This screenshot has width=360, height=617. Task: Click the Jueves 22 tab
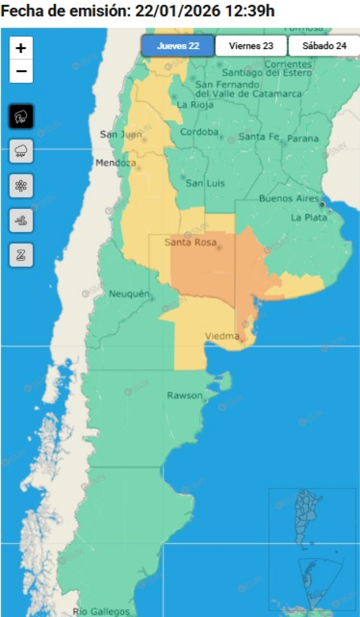click(178, 46)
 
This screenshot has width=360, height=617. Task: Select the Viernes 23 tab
click(251, 46)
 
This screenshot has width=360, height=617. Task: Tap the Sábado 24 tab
click(324, 46)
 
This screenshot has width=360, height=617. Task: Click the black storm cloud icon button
click(21, 116)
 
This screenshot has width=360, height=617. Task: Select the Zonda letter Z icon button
click(21, 255)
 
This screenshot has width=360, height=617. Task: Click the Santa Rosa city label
click(190, 242)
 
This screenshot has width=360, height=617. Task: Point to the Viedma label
click(222, 336)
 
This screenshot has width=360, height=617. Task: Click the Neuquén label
click(129, 294)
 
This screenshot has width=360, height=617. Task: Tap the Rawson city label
click(184, 395)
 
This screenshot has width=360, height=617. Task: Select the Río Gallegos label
click(101, 611)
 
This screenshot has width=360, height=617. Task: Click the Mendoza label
click(116, 163)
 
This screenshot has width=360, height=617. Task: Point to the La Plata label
click(309, 217)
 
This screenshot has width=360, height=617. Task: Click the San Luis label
click(205, 183)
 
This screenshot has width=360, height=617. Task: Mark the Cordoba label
click(199, 132)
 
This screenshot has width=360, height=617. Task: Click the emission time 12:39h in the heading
click(250, 11)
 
